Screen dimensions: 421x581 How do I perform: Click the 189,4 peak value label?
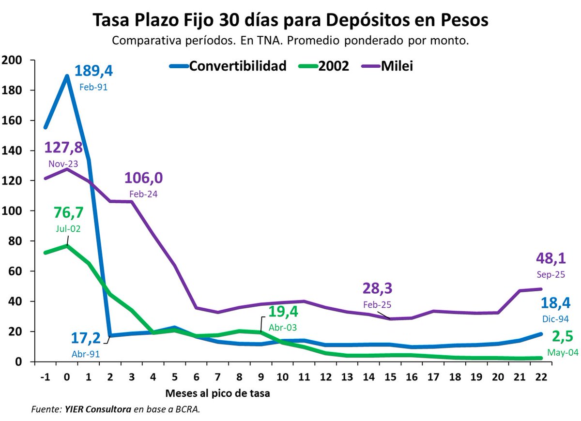(x=93, y=72)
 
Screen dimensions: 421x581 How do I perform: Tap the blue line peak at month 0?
(x=66, y=75)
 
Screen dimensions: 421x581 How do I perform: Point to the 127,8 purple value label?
(x=63, y=148)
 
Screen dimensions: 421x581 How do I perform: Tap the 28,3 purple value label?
(x=377, y=288)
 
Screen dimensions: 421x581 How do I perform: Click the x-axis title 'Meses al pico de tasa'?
(x=217, y=393)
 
